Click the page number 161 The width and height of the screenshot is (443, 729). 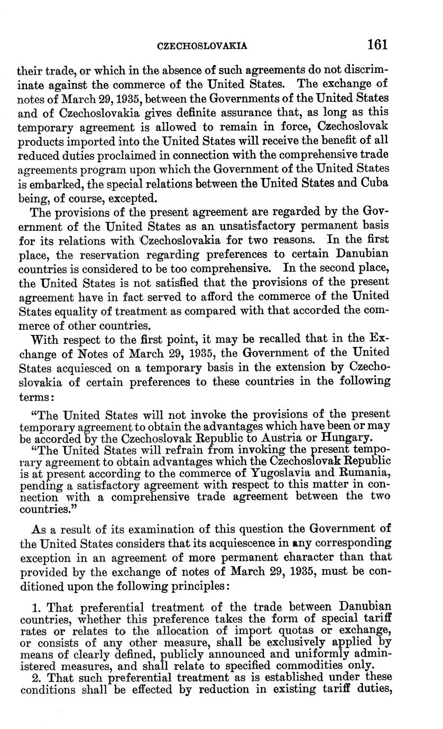tap(377, 44)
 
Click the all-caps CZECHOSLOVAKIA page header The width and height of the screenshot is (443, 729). tap(203, 46)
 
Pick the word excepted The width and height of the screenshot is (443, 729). tap(123, 199)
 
